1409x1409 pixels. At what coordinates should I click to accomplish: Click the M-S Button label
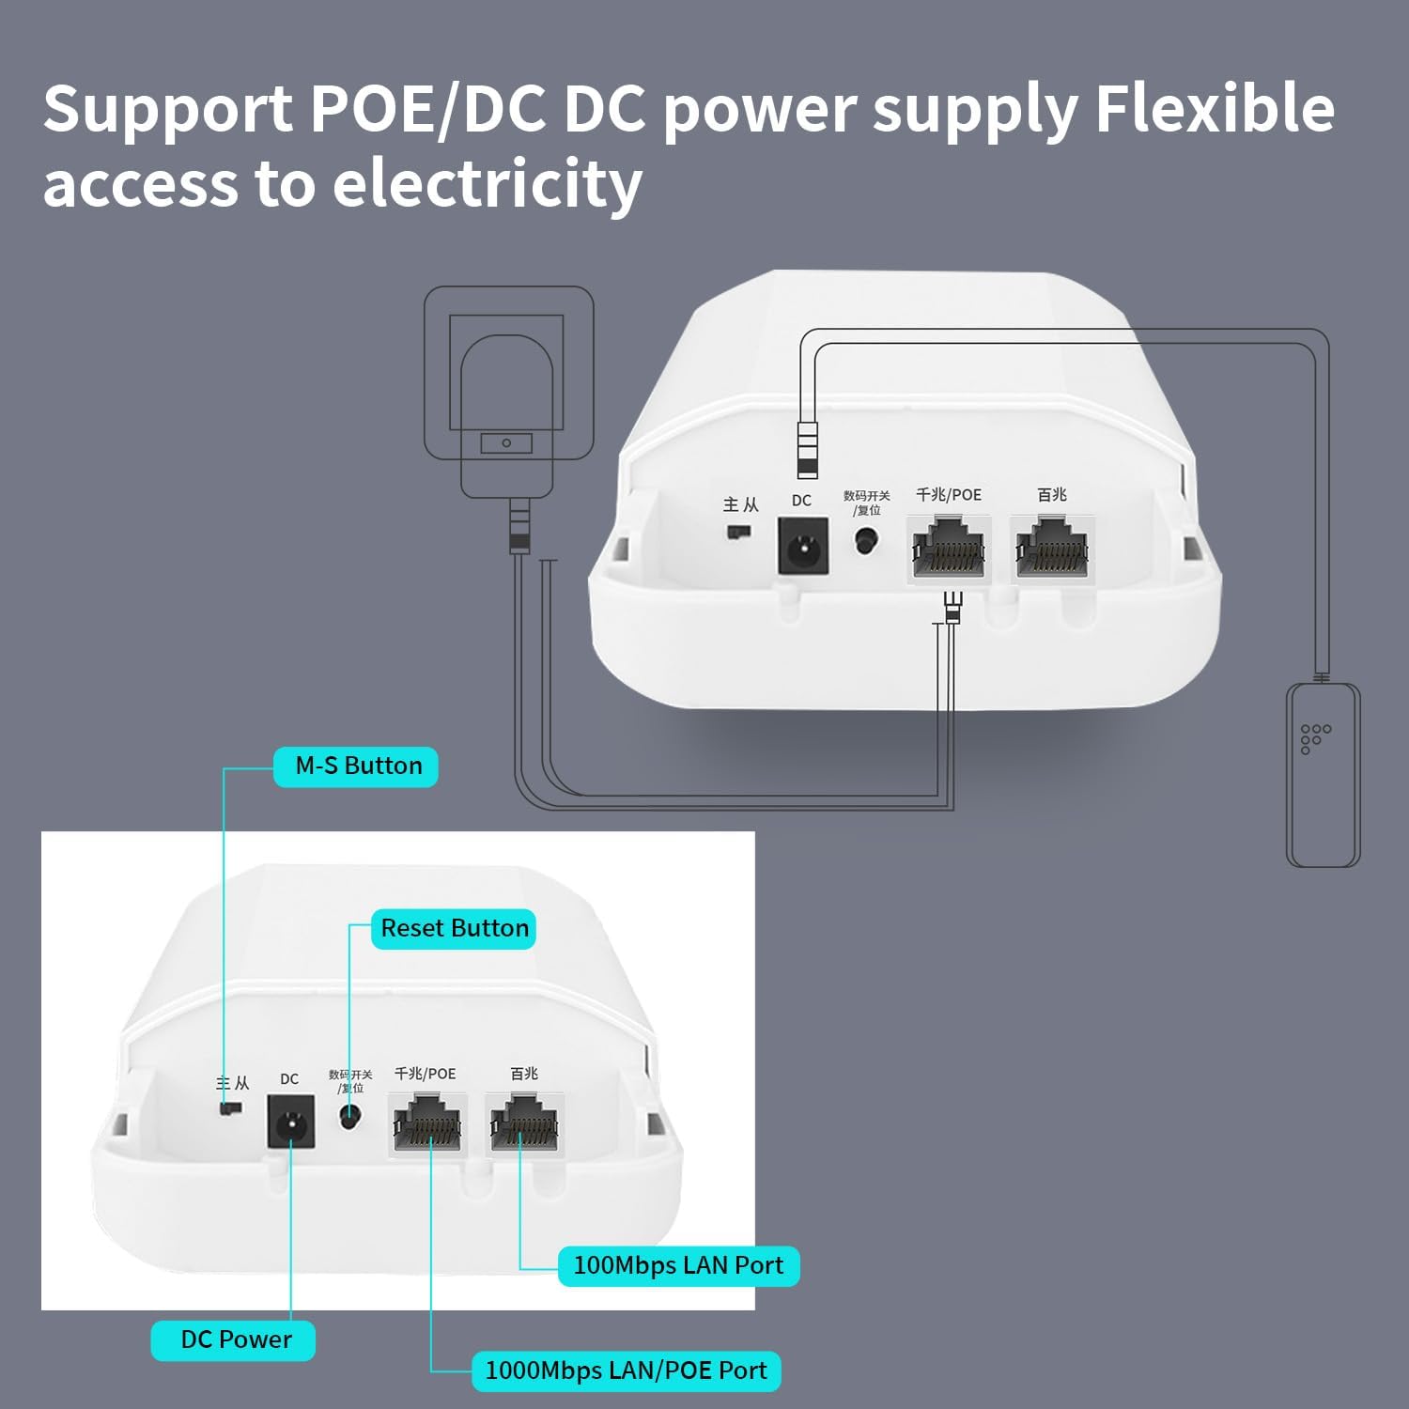356,766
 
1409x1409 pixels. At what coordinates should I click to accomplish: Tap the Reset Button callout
454,928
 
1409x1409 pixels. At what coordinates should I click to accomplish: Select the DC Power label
234,1339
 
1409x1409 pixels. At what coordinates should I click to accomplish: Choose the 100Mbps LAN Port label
677,1265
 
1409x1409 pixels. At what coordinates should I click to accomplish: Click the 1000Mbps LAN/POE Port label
625,1370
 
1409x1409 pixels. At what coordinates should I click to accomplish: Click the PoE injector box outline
1323,775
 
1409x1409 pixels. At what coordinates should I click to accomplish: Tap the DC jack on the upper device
802,547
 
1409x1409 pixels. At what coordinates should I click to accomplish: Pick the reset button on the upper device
865,541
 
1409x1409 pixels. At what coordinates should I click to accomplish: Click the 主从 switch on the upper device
739,533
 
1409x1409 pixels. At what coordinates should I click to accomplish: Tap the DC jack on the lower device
290,1122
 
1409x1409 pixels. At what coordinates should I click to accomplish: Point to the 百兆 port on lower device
524,1124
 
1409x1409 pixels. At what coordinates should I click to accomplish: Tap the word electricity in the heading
488,183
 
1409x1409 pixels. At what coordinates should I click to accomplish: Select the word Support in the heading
168,111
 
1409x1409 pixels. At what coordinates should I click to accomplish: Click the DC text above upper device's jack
801,501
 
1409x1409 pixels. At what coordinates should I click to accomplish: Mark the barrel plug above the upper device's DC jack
807,451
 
